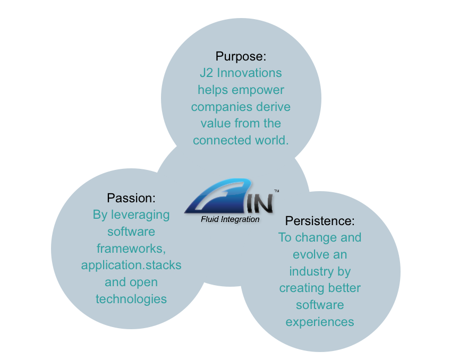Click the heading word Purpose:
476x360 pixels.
241,56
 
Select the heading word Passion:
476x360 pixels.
131,198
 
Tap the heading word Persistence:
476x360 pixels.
320,220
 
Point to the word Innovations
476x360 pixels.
249,72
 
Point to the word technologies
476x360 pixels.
131,299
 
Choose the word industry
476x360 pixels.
312,271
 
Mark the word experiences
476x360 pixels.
320,322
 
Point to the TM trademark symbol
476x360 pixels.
276,191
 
